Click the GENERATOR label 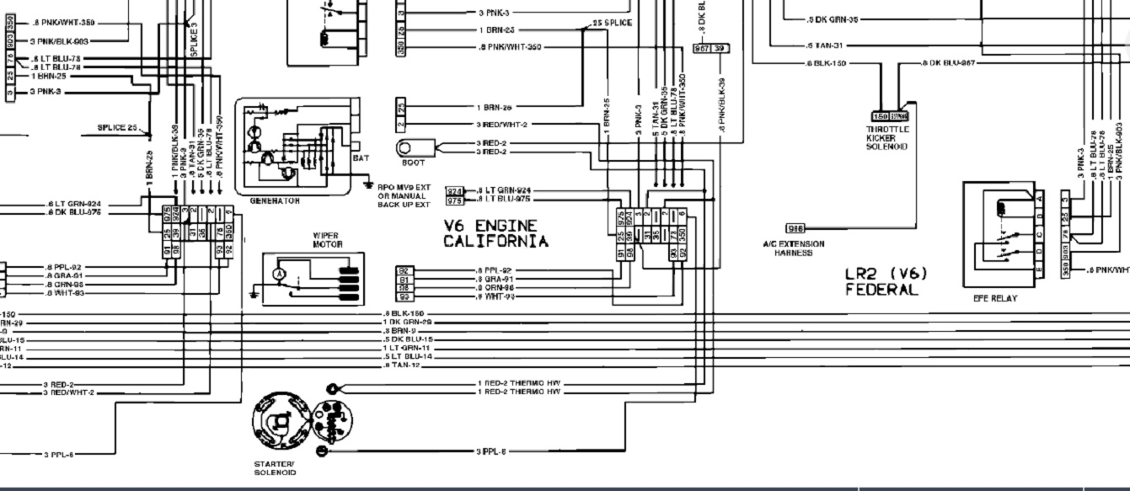(x=275, y=201)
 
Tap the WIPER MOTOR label (x=327, y=239)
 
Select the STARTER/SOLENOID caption (x=274, y=468)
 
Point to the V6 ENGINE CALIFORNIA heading (x=495, y=234)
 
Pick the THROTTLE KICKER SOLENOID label (x=886, y=138)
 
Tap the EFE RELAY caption (x=995, y=298)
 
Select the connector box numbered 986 (x=795, y=228)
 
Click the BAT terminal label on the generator (x=360, y=157)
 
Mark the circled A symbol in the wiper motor (x=278, y=274)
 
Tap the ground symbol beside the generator (x=368, y=184)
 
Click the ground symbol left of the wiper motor (x=255, y=294)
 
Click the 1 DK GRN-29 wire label (x=408, y=323)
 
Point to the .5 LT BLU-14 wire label (x=408, y=356)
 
